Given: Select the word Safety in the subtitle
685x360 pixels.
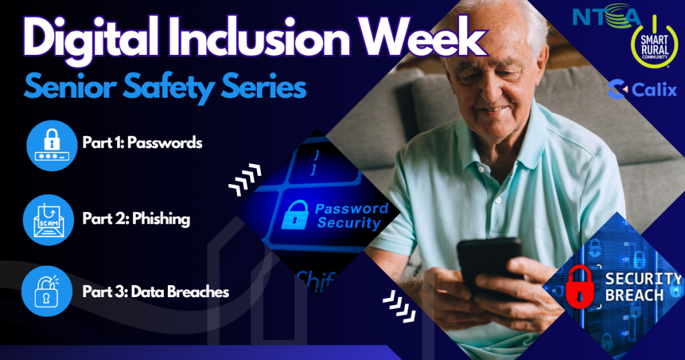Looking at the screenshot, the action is click(169, 88).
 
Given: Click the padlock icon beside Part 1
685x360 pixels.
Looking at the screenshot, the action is click(52, 145).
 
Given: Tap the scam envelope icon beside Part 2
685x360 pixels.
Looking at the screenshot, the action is click(48, 219).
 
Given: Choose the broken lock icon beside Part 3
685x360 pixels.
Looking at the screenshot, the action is click(47, 291).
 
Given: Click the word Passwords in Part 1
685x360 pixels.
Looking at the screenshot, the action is click(165, 143).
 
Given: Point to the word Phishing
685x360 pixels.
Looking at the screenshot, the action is click(161, 219).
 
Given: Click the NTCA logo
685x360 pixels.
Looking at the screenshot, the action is click(606, 16).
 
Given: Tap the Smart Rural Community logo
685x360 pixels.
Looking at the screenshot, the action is click(654, 43).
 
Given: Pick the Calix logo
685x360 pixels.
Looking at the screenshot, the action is click(642, 90).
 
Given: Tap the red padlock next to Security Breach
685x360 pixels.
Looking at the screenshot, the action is click(579, 286).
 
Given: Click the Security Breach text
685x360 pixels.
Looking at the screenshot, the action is click(643, 286).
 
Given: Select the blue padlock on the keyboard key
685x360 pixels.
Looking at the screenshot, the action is click(295, 215).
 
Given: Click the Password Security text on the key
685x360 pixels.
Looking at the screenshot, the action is click(352, 216).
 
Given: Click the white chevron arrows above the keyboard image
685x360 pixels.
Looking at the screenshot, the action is click(245, 179).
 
